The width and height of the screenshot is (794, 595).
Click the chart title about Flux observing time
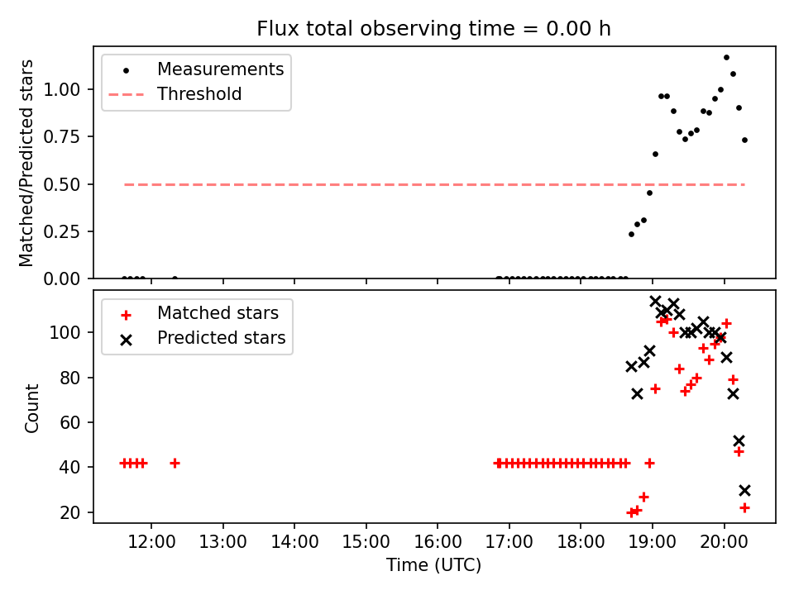click(x=433, y=29)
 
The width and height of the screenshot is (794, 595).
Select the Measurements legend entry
click(x=220, y=69)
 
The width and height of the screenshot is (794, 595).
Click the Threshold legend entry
click(x=199, y=94)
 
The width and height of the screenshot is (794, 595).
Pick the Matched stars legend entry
click(x=218, y=313)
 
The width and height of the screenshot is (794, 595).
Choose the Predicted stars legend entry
click(x=221, y=338)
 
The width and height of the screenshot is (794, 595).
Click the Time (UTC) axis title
click(x=433, y=566)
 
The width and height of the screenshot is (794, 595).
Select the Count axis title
click(x=32, y=407)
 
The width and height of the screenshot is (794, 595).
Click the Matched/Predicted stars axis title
click(x=27, y=163)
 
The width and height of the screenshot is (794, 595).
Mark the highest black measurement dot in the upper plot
click(x=726, y=58)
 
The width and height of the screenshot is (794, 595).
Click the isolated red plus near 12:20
click(x=175, y=463)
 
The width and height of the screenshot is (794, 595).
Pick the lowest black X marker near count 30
click(x=744, y=490)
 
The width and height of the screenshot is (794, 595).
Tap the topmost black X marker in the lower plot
click(x=655, y=302)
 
